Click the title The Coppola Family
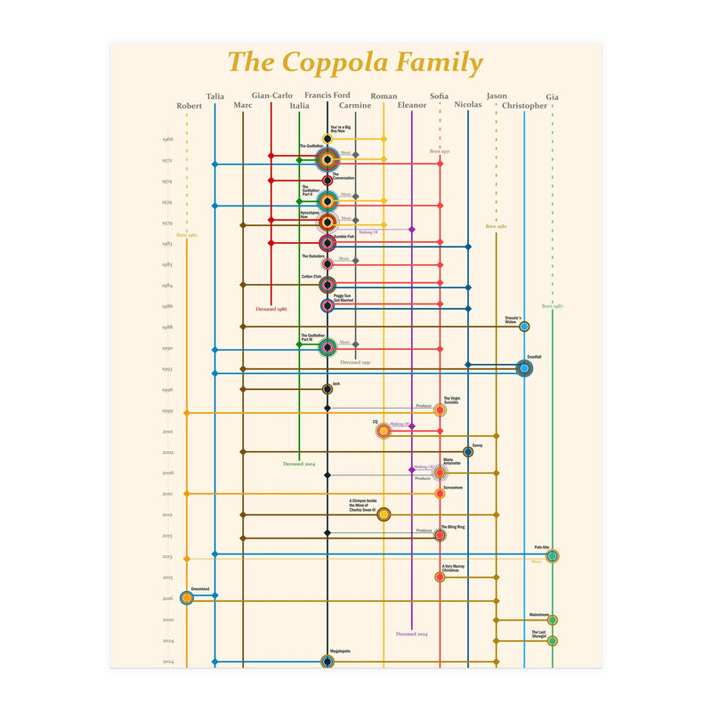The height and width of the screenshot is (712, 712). point(355,63)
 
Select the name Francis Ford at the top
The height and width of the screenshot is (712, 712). point(328,95)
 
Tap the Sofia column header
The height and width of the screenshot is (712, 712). point(440,95)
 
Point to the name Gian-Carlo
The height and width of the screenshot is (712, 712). point(271,95)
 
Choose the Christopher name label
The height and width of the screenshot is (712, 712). point(524,106)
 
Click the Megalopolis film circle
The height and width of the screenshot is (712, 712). point(328,661)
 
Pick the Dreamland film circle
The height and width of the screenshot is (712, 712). point(187,598)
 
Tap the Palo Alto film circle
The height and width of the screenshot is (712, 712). point(553,556)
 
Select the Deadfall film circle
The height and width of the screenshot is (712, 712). point(524,368)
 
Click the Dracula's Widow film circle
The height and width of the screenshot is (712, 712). point(524,327)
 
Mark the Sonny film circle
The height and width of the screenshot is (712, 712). point(468,451)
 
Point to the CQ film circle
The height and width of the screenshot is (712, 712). point(384,431)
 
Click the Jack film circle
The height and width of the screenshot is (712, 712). point(328,389)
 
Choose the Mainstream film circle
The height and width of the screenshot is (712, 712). point(553,619)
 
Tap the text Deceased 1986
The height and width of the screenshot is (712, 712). point(271,309)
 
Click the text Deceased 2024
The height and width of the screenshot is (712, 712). point(411,635)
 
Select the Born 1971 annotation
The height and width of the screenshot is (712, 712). point(440,152)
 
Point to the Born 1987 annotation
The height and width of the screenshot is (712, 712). point(553,306)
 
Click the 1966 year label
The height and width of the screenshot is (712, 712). point(167,139)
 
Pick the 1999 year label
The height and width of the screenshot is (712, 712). point(167,410)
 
